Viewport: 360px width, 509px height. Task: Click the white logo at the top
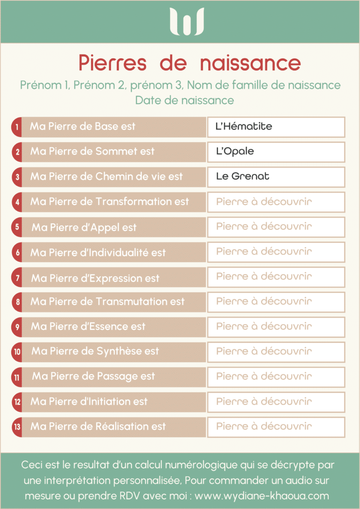[x=187, y=22]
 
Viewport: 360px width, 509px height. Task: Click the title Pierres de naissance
[x=189, y=63]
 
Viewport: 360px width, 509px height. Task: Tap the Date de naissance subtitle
[x=184, y=100]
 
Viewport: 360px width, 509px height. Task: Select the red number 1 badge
[x=17, y=127]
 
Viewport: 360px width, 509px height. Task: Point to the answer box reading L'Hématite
[x=276, y=127]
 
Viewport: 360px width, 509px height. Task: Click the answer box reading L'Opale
[x=276, y=152]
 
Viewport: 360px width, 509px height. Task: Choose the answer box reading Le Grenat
[x=276, y=177]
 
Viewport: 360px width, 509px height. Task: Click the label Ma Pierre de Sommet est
[x=92, y=152]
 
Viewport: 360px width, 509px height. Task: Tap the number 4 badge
[x=17, y=202]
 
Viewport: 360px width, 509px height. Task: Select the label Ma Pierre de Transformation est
[x=110, y=202]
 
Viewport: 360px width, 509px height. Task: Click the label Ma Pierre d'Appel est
[x=84, y=228]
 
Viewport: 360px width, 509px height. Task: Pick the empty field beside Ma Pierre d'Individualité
[x=276, y=252]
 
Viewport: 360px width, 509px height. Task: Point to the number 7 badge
[x=17, y=278]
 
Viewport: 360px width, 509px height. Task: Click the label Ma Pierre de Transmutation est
[x=107, y=302]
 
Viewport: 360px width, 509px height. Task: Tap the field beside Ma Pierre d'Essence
[x=276, y=327]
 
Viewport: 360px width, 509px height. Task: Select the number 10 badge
[x=17, y=351]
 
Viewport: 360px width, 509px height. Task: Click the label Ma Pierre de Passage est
[x=93, y=376]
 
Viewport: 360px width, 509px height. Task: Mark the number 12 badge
[x=17, y=402]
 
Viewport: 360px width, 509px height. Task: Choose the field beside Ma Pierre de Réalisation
[x=276, y=426]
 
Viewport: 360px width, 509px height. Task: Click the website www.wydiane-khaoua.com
[x=262, y=496]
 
